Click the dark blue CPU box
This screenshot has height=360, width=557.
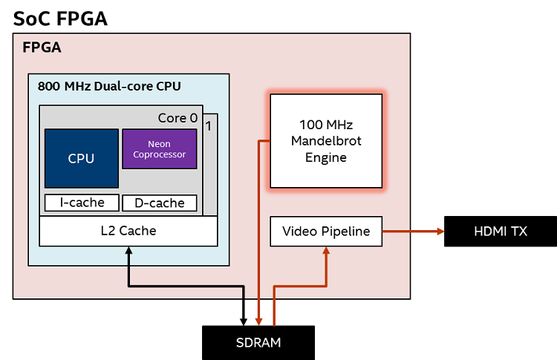pos(82,158)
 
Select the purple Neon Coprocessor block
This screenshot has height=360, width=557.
pos(159,149)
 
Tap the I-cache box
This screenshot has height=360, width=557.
pos(81,203)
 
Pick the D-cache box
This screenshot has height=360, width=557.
pos(159,203)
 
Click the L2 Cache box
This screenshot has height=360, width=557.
pos(128,231)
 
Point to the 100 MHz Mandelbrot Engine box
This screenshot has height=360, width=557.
pos(327,140)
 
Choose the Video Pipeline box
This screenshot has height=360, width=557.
pos(326,232)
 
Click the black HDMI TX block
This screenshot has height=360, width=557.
pos(500,232)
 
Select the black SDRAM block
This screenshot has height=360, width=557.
pos(258,343)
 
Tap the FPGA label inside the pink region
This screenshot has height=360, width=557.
pos(42,48)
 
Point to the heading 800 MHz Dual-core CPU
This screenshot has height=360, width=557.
pos(109,86)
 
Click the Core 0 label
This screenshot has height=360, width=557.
pos(177,118)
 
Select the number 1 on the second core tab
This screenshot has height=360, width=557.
pos(209,125)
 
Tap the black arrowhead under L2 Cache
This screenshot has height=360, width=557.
pos(129,252)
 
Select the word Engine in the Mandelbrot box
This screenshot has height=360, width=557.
pos(327,158)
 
